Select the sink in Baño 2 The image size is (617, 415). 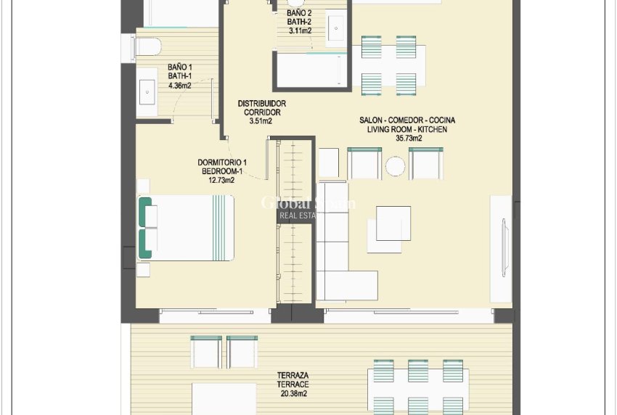(x=338, y=29)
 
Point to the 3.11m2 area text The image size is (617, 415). (x=300, y=31)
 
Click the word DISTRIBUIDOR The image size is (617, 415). (x=261, y=104)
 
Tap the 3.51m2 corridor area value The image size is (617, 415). (x=260, y=121)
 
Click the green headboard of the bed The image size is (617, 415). (x=145, y=229)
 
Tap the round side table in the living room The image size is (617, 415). (x=395, y=167)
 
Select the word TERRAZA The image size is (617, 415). (x=293, y=376)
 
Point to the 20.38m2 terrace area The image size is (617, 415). (x=292, y=394)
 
